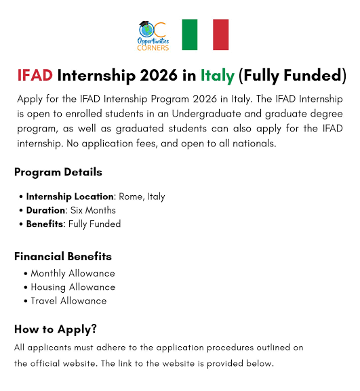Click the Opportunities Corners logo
pyautogui.click(x=153, y=35)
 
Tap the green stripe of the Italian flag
pyautogui.click(x=189, y=35)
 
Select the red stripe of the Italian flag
pyautogui.click(x=221, y=35)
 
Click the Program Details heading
pyautogui.click(x=58, y=171)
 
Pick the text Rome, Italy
pyautogui.click(x=142, y=197)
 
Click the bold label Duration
pyautogui.click(x=47, y=210)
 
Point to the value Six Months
pyautogui.click(x=94, y=210)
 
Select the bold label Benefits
pyautogui.click(x=45, y=224)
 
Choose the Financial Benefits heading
pyautogui.click(x=63, y=257)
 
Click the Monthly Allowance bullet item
pyautogui.click(x=73, y=274)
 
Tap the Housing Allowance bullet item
pyautogui.click(x=73, y=287)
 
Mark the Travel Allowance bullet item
pyautogui.click(x=68, y=301)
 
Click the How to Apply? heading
pyautogui.click(x=56, y=329)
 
